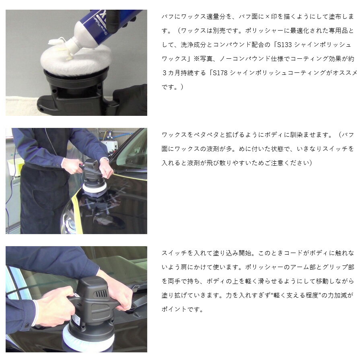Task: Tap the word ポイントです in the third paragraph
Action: coord(182,309)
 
